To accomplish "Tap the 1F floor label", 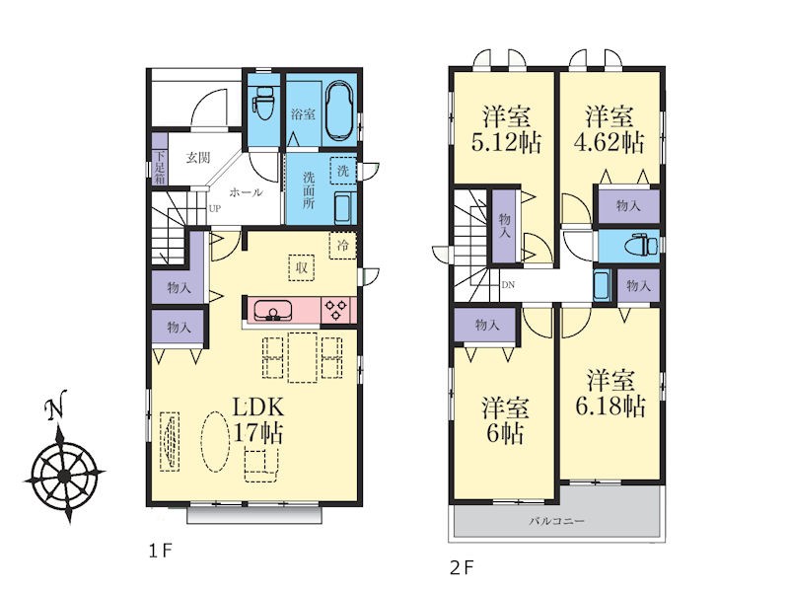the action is [161, 551].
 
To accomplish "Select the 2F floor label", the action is [462, 568].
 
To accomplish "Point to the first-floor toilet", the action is [263, 104].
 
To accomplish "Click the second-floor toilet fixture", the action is [641, 246].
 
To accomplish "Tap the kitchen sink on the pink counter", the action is [273, 310].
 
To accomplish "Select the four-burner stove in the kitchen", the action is [335, 310].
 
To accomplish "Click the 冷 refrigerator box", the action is [342, 246].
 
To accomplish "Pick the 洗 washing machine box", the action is [343, 170].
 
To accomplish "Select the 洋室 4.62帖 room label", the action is [610, 129].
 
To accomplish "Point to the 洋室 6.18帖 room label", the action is [610, 393].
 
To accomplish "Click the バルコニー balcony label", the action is [556, 521].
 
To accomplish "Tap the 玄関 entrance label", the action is [198, 158].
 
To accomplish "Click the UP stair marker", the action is [214, 208].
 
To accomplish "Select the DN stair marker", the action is [508, 285].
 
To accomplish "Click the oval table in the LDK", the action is [214, 441].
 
